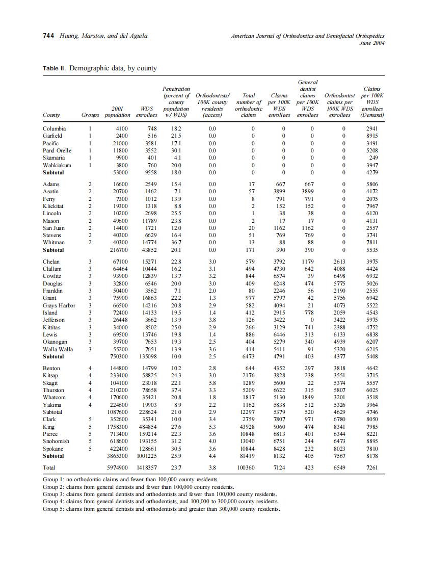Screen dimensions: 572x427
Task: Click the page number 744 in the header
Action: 48,36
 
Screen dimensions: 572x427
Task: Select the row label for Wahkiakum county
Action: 57,165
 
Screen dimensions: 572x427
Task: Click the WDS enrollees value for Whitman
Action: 147,243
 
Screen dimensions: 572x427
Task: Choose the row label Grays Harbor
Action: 59,305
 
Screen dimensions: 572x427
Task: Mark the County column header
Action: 51,115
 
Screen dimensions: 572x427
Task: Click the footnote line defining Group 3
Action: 159,494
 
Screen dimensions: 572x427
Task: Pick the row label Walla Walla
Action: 58,349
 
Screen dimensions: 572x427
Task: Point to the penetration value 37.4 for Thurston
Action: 176,390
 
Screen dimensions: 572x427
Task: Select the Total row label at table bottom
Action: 49,467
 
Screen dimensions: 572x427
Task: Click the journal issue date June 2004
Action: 371,43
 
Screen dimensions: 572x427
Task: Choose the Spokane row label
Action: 54,449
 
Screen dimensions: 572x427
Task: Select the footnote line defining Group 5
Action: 162,509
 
